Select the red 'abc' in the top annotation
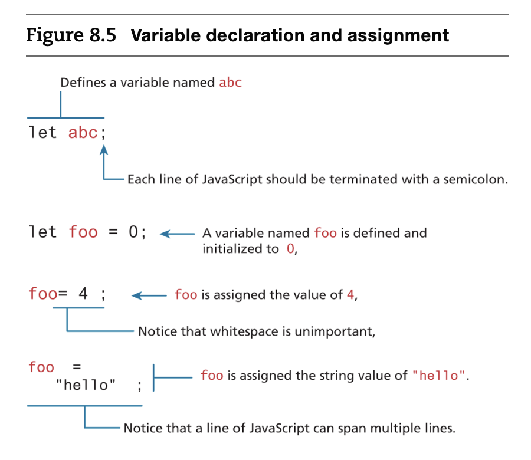(230, 82)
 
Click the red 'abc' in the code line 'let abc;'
(83, 133)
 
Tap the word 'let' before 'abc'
(43, 133)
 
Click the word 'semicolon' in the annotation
(477, 179)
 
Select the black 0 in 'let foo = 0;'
(133, 232)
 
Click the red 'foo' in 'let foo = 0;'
(83, 232)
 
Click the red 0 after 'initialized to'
(289, 248)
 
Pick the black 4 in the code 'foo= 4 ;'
(83, 293)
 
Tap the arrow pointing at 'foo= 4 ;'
(147, 295)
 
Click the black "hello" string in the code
(86, 386)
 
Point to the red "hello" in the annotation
(439, 376)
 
